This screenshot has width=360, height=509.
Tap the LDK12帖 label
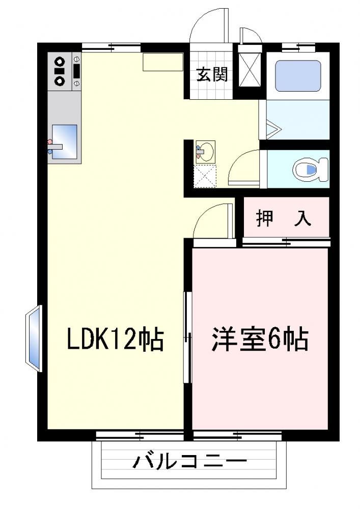115,339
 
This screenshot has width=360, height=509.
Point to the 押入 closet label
284,218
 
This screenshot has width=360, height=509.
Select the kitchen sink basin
64,142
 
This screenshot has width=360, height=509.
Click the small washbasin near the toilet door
205,152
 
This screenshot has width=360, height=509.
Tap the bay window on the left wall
34,338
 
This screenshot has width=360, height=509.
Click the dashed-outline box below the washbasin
205,176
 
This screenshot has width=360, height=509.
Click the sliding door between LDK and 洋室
187,337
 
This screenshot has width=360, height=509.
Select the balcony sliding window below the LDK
140,435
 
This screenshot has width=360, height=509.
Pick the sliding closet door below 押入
286,241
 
